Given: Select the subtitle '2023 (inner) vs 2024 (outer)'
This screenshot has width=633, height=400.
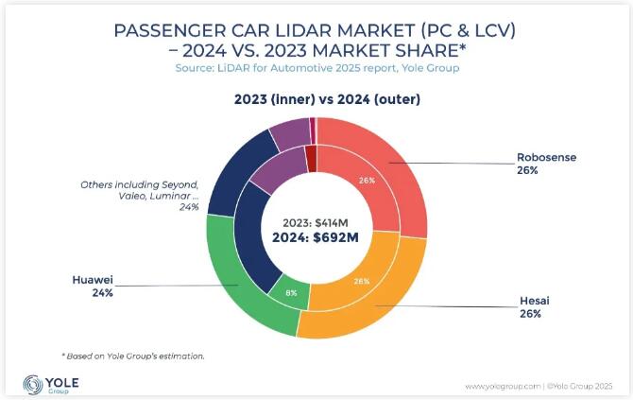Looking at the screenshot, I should point(316,98).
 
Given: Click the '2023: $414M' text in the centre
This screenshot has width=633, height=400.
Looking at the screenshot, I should point(316,221).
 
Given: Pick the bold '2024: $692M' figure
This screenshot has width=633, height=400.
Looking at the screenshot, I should point(316,237).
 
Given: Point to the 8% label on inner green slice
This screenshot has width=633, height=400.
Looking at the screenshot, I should point(292,293).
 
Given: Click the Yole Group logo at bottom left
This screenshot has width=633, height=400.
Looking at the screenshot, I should point(52,384).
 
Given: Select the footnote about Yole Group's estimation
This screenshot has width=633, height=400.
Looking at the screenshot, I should point(133,356).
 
